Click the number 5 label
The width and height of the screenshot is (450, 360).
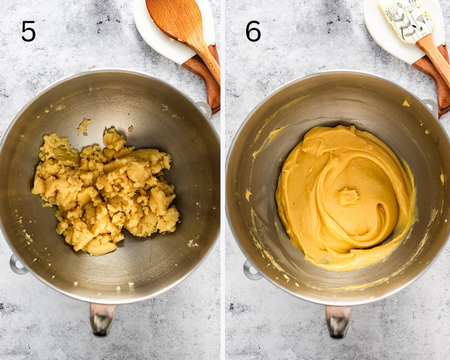(x=28, y=31)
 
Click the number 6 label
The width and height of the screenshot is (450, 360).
(x=253, y=31)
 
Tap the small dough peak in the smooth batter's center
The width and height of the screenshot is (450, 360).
(x=348, y=196)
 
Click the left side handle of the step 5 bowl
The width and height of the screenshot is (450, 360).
(x=17, y=264)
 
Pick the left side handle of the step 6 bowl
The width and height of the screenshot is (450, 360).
(x=251, y=270)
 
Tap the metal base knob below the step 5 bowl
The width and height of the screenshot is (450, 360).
(x=102, y=319)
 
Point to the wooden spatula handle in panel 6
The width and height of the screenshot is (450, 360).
(x=434, y=58)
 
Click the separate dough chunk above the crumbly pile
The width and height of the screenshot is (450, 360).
(x=84, y=126)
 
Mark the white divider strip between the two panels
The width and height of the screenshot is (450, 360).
(x=223, y=180)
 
